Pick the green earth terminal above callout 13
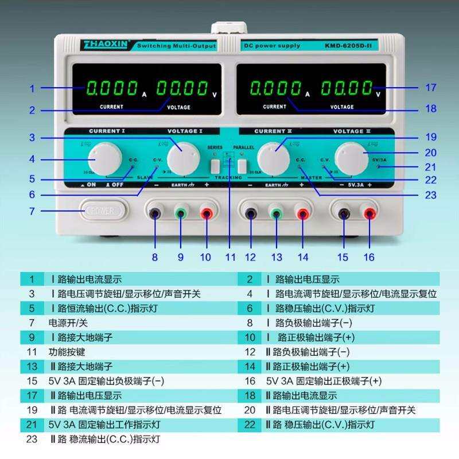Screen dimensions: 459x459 277,214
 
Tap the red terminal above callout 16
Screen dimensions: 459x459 368,214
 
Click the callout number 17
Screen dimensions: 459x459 431,88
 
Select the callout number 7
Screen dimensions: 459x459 32,211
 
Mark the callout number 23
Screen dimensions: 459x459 431,195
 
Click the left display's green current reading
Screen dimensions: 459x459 111,88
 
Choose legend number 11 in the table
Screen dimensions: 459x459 32,352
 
